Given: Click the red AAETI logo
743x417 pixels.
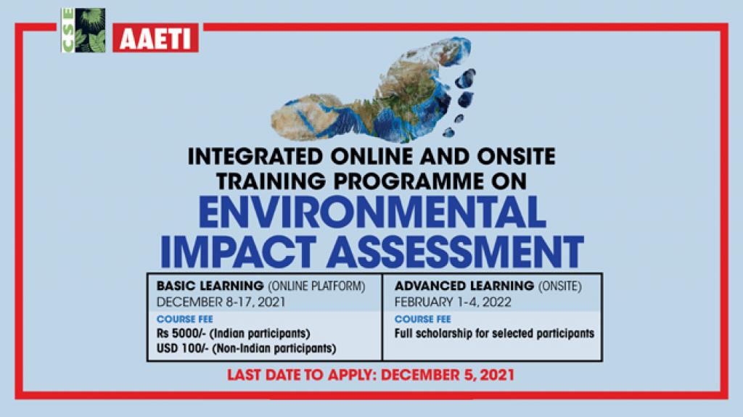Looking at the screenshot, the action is [155, 38].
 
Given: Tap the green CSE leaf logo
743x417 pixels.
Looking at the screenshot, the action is [83, 30].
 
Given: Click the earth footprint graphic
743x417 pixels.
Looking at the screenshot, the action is [374, 90].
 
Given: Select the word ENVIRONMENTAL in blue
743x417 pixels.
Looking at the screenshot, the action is [372, 212].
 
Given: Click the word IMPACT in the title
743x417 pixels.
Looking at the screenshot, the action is [238, 252].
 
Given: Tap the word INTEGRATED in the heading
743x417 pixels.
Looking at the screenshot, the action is [255, 157].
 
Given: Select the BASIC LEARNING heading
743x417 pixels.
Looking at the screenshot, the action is [210, 286].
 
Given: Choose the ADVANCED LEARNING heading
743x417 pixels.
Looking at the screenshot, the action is [464, 286].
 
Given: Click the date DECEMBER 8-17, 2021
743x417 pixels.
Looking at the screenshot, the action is [221, 302].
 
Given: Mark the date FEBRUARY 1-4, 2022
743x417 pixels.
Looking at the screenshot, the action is [453, 302].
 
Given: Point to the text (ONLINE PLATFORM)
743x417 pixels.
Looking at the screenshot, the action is [316, 286].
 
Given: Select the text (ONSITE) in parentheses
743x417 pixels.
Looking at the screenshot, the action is [559, 286].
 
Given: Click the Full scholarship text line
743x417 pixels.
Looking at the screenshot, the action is [494, 334].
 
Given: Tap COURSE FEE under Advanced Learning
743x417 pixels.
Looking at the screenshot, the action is [423, 319].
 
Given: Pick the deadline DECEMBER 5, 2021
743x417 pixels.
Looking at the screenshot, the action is [448, 375].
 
